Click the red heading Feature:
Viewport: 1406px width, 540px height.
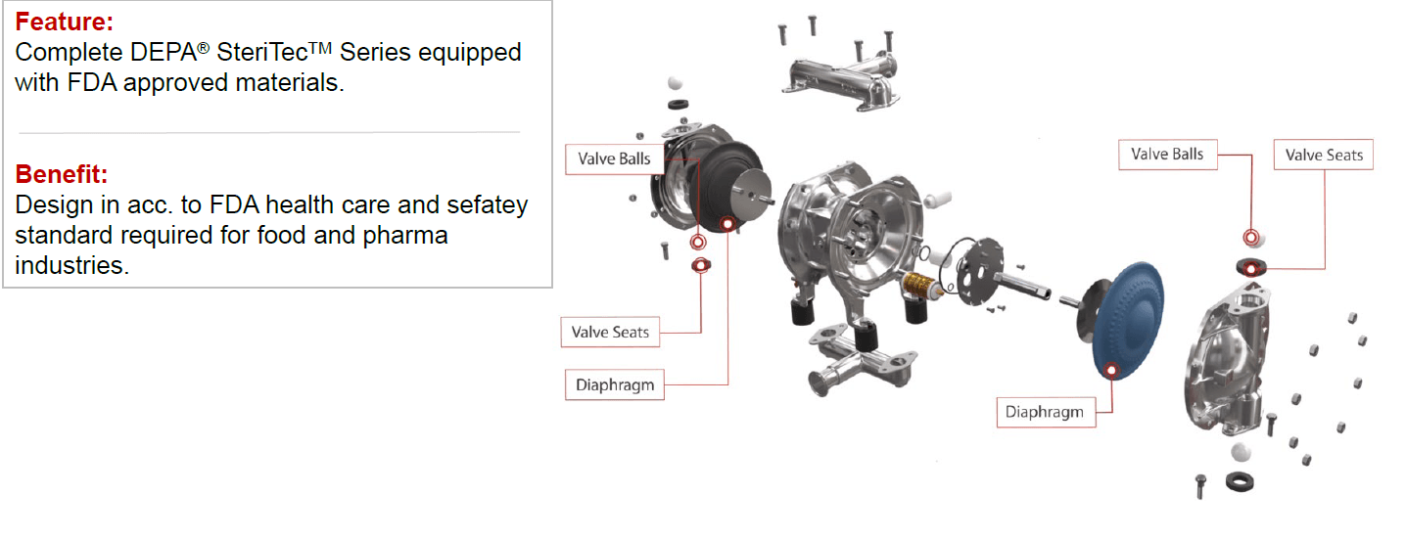(x=64, y=21)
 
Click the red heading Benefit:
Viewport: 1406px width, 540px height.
(x=61, y=175)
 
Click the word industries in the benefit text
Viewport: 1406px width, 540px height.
(x=71, y=266)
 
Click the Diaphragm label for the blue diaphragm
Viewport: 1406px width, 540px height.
(x=1045, y=412)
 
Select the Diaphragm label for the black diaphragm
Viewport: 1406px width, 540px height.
(x=614, y=384)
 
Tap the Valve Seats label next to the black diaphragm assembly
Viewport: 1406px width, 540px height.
(x=610, y=332)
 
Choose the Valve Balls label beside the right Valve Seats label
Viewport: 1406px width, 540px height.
(x=1167, y=154)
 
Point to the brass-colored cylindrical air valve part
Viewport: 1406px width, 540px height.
(x=921, y=286)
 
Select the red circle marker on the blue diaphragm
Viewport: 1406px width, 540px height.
(x=1112, y=369)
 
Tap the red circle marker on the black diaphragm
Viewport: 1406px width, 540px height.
(x=727, y=224)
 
